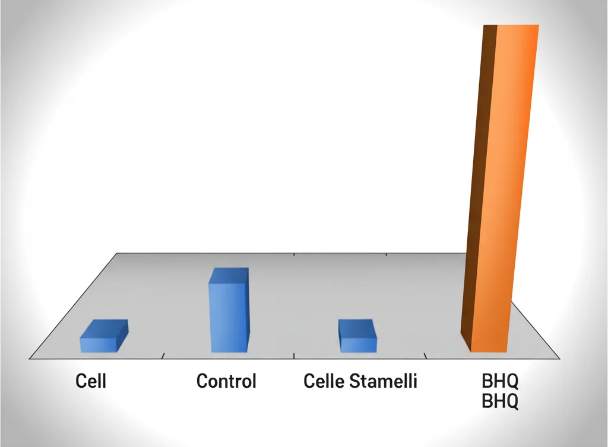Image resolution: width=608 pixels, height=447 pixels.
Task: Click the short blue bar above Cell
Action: click(x=99, y=343)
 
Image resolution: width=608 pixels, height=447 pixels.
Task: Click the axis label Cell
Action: click(x=91, y=381)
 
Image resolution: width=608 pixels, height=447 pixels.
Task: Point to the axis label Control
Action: click(x=226, y=381)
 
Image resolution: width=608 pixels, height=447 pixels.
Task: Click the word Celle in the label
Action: click(x=324, y=381)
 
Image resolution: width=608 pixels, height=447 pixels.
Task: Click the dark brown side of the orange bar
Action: click(x=479, y=190)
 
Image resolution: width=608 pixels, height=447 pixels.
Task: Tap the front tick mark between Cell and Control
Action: click(x=163, y=356)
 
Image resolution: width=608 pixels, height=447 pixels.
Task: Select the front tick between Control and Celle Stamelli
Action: click(x=294, y=356)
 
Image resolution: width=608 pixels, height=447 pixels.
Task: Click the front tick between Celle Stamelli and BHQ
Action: click(x=426, y=356)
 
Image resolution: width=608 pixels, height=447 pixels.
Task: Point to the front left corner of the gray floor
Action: click(x=30, y=358)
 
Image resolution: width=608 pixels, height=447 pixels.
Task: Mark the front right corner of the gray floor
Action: click(x=559, y=358)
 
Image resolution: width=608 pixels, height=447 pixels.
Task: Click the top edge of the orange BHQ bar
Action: click(x=517, y=25)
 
